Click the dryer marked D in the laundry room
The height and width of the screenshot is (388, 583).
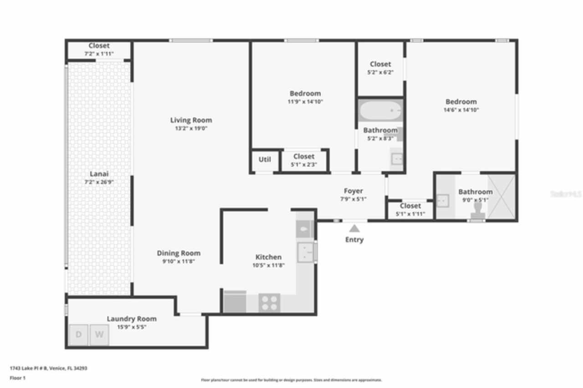pyautogui.click(x=78, y=335)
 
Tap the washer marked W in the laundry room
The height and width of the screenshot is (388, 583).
pyautogui.click(x=99, y=335)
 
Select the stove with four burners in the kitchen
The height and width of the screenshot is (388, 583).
pyautogui.click(x=269, y=303)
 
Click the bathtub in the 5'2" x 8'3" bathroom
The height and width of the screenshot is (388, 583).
pyautogui.click(x=380, y=110)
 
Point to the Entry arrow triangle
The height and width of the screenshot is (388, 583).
pyautogui.click(x=354, y=229)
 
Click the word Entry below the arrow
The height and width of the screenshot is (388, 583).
pyautogui.click(x=354, y=240)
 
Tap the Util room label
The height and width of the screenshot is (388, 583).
pyautogui.click(x=265, y=159)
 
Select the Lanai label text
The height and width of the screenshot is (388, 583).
pyautogui.click(x=99, y=174)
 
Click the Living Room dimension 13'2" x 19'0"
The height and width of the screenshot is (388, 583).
pyautogui.click(x=191, y=128)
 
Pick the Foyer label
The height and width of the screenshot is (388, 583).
pyautogui.click(x=353, y=191)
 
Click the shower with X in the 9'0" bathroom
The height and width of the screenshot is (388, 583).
pyautogui.click(x=501, y=196)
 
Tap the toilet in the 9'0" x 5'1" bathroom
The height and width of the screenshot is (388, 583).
pyautogui.click(x=478, y=208)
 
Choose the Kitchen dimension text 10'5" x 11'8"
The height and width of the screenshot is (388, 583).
pyautogui.click(x=268, y=265)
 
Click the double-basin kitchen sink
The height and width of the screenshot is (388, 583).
pyautogui.click(x=306, y=252)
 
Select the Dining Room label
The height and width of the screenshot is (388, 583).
pyautogui.click(x=179, y=253)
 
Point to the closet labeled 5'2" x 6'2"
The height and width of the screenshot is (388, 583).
pyautogui.click(x=380, y=68)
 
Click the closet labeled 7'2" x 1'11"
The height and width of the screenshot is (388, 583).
pyautogui.click(x=99, y=49)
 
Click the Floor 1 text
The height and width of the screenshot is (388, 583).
pyautogui.click(x=18, y=378)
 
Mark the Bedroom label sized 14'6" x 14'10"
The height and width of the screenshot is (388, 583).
pyautogui.click(x=461, y=102)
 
